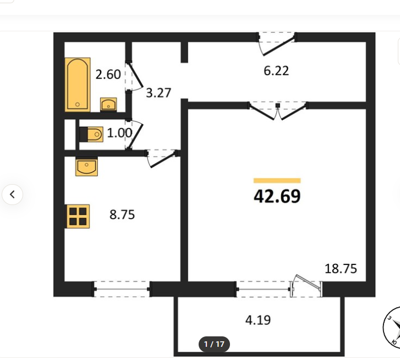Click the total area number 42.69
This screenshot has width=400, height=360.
pyautogui.click(x=277, y=196)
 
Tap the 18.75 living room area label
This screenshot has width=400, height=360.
pyautogui.click(x=341, y=269)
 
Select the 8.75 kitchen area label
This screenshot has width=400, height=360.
pyautogui.click(x=122, y=214)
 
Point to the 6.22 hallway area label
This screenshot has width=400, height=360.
pyautogui.click(x=276, y=70)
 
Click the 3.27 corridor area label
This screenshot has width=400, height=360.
pyautogui.click(x=158, y=93)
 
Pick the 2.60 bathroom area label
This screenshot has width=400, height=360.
pyautogui.click(x=108, y=75)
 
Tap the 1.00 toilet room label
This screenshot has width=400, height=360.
pyautogui.click(x=119, y=133)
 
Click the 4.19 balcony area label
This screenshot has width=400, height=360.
pyautogui.click(x=258, y=320)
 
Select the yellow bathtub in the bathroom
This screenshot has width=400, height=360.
pyautogui.click(x=78, y=85)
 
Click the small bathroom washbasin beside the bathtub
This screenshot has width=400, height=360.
pyautogui.click(x=108, y=104)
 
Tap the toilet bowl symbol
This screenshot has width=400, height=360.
pyautogui.click(x=92, y=134)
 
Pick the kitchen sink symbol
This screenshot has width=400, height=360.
pyautogui.click(x=86, y=167)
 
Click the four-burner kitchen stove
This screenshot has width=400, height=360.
pyautogui.click(x=78, y=217)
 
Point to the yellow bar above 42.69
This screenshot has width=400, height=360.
pyautogui.click(x=277, y=181)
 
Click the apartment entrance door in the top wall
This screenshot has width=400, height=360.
pyautogui.click(x=277, y=43)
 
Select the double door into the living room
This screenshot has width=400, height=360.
pyautogui.click(x=278, y=111)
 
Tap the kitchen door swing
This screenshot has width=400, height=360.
pyautogui.click(x=162, y=159)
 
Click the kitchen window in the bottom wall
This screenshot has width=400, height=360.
pyautogui.click(x=122, y=289)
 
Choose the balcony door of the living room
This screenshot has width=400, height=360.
pyautogui.click(x=306, y=286)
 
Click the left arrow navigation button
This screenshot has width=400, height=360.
pyautogui.click(x=12, y=195)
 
